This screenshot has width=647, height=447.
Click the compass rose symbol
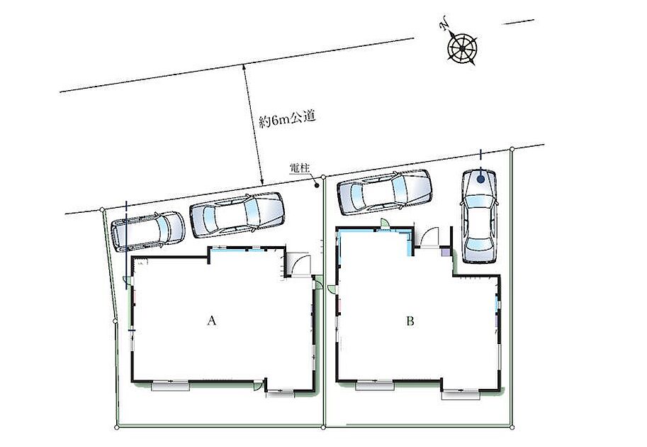(x=463, y=49)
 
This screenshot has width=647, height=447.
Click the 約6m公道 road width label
(x=287, y=119)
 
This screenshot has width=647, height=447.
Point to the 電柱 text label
(x=300, y=167)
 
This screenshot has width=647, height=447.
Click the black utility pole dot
(x=317, y=185)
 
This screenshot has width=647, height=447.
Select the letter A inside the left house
(x=212, y=321)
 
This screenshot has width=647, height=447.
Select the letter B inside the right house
(x=410, y=321)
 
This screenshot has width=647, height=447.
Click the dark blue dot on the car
(x=480, y=179)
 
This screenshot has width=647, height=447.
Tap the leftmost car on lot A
(x=148, y=231)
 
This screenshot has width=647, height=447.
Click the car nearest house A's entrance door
(x=237, y=215)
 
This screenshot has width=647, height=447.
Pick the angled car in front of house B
(x=385, y=192)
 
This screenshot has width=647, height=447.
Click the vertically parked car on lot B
(x=479, y=216)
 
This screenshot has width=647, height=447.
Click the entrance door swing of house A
(x=300, y=264)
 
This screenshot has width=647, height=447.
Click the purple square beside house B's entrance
(x=446, y=251)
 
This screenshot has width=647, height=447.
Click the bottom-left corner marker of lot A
(x=117, y=428)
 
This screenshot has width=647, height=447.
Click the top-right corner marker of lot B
(x=512, y=149)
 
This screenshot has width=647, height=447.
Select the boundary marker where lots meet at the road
(x=323, y=177)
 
